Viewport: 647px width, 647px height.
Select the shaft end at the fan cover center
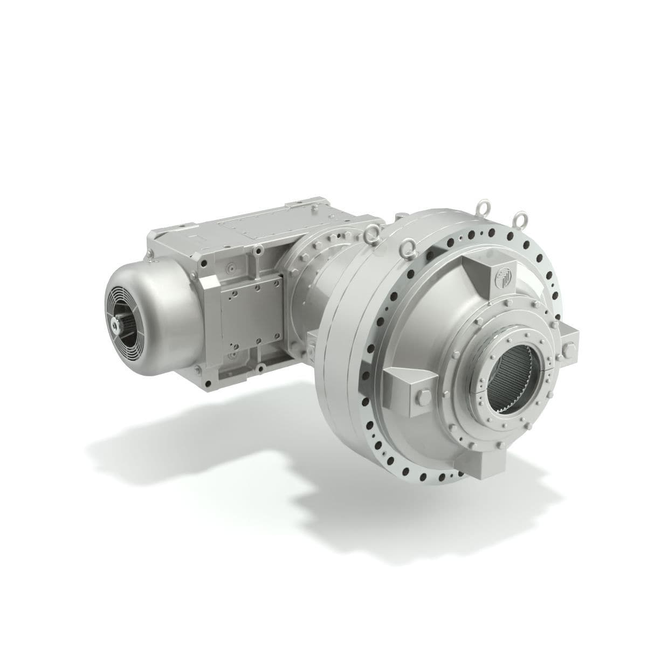tap(117, 323)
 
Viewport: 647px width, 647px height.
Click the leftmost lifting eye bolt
tap(370, 233)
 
